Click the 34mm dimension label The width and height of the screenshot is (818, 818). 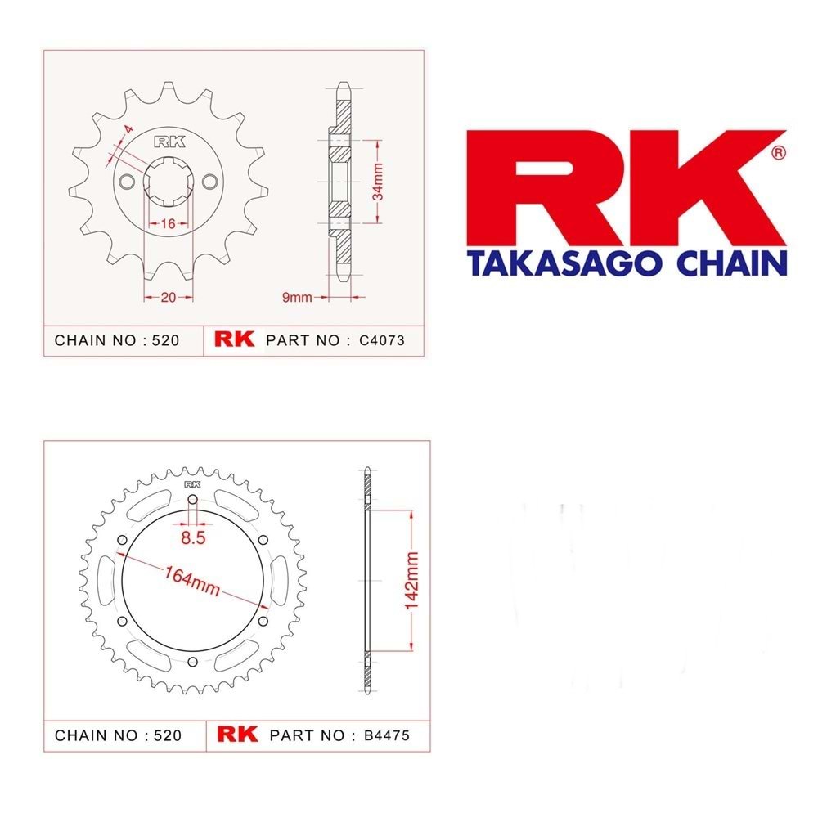click(378, 181)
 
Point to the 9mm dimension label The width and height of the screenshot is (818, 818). click(297, 298)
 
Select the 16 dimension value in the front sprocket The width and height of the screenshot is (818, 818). click(168, 224)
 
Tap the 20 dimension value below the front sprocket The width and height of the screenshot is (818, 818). click(168, 298)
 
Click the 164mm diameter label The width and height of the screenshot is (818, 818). click(192, 581)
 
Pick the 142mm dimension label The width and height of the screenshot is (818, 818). click(411, 580)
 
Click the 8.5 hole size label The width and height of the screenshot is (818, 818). click(193, 537)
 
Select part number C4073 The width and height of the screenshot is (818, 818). click(382, 340)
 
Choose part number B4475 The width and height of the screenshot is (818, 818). click(387, 735)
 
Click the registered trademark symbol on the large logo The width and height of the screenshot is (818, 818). click(779, 153)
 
